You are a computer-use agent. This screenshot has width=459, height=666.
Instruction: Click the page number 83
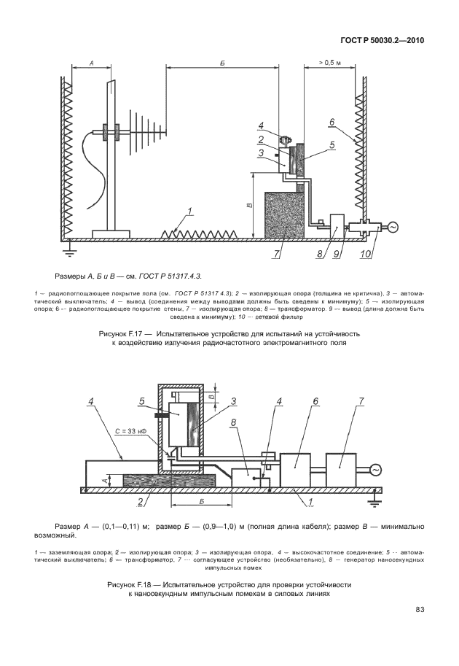pyautogui.click(x=420, y=610)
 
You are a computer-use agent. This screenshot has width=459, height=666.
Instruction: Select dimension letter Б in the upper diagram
pyautogui.click(x=221, y=63)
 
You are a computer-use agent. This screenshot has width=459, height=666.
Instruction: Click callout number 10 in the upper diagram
pyautogui.click(x=365, y=254)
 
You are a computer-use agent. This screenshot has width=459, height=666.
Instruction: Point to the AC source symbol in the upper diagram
pyautogui.click(x=392, y=228)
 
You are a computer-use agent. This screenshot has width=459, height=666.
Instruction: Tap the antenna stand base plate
pyautogui.click(x=111, y=233)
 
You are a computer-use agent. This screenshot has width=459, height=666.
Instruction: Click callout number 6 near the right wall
pyautogui.click(x=331, y=122)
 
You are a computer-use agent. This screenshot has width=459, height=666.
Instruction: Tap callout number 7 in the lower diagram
pyautogui.click(x=340, y=401)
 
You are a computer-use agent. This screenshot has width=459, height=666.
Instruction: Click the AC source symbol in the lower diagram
pyautogui.click(x=377, y=471)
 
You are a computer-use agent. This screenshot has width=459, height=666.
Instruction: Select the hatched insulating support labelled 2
pyautogui.click(x=169, y=481)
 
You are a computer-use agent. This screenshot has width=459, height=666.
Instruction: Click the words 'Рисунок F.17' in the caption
pyautogui.click(x=123, y=333)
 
